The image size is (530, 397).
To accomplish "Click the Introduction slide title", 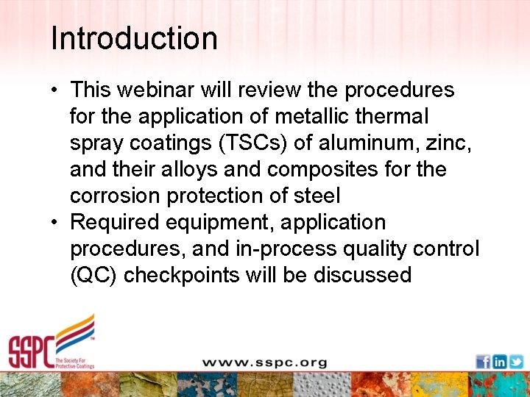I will [134, 38].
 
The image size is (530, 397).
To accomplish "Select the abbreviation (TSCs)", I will [244, 143].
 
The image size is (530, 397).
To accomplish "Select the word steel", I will [314, 196].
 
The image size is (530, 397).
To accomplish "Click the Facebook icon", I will [483, 362].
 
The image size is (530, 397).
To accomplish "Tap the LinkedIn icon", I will [499, 362].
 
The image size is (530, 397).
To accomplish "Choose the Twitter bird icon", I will [515, 362].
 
